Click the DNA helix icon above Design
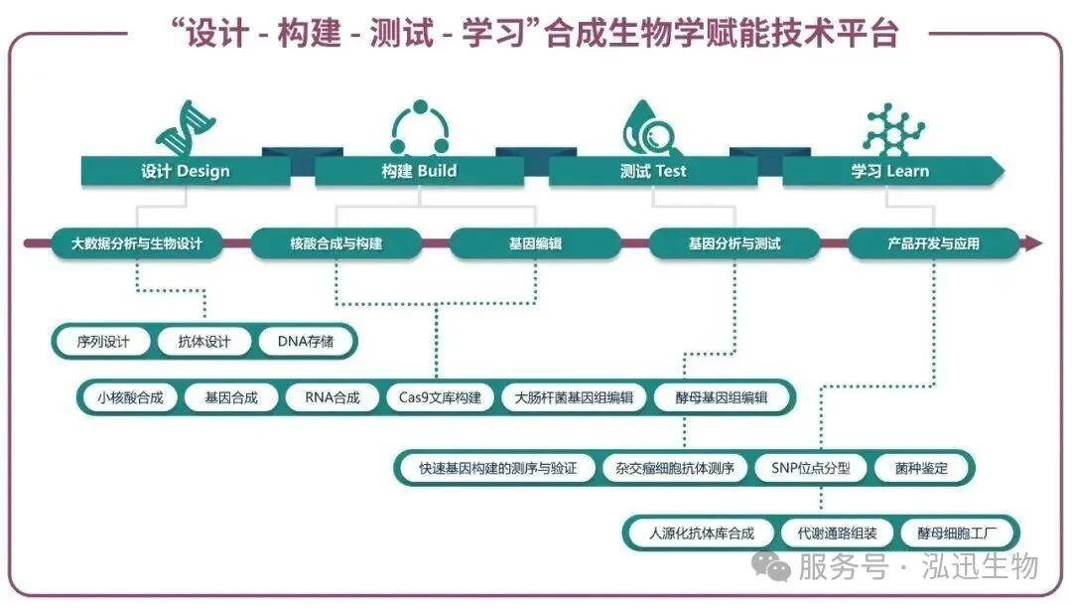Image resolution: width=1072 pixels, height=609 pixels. [x=186, y=127]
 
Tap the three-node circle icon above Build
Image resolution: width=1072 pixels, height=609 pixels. [x=420, y=127]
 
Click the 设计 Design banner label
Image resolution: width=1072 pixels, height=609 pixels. [x=186, y=171]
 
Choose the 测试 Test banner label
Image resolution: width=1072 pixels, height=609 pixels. [x=653, y=171]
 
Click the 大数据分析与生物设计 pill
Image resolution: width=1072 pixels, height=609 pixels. [x=137, y=243]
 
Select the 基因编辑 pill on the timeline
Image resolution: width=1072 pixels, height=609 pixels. [x=535, y=243]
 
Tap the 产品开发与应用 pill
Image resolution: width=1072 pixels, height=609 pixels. [x=933, y=243]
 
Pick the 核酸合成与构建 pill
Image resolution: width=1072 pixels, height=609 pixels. [x=336, y=243]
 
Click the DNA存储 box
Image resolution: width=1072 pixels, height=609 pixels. [x=305, y=342]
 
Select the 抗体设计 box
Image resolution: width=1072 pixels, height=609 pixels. [x=204, y=342]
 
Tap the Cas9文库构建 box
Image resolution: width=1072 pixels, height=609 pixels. [x=440, y=397]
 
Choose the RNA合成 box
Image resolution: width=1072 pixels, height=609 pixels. [x=333, y=397]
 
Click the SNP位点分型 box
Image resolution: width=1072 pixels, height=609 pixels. [x=811, y=469]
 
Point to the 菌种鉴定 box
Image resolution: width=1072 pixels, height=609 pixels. [x=921, y=469]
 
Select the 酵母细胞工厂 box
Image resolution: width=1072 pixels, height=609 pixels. [x=957, y=533]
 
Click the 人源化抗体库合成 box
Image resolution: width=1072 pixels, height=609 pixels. [x=702, y=533]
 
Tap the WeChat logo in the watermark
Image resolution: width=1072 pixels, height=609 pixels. [x=771, y=565]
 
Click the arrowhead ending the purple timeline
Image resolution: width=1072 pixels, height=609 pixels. [x=1031, y=243]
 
